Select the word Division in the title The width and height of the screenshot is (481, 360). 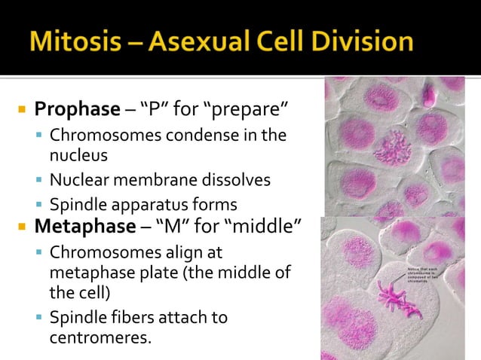[361, 41]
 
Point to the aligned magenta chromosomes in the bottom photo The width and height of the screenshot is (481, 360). [392, 294]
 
